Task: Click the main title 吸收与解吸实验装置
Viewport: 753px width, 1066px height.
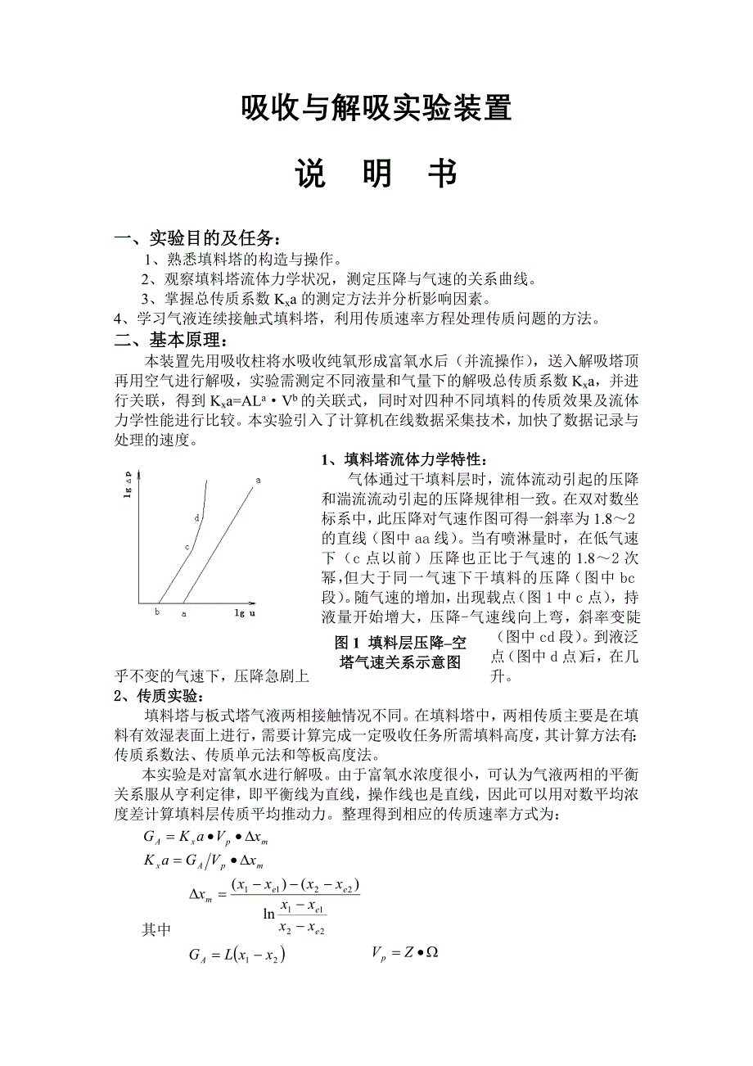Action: pyautogui.click(x=376, y=109)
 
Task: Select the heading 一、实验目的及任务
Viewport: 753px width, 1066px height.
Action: pyautogui.click(x=201, y=238)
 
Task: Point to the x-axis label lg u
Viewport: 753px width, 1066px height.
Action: pyautogui.click(x=245, y=612)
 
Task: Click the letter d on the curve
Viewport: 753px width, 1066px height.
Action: pyautogui.click(x=197, y=517)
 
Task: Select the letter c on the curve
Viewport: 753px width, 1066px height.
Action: pyautogui.click(x=187, y=547)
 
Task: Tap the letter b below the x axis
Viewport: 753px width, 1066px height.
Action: pyautogui.click(x=156, y=612)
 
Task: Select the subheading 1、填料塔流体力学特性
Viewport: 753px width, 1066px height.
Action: pyautogui.click(x=407, y=460)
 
